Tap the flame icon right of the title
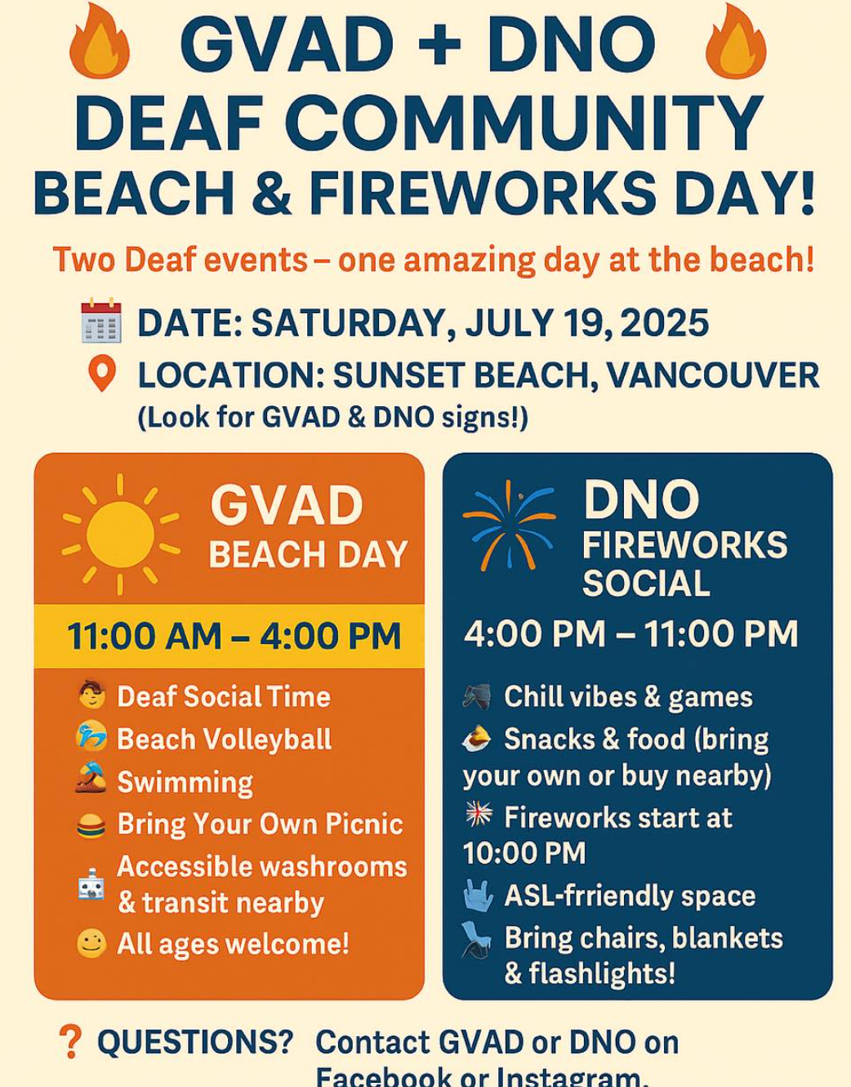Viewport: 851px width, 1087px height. tap(736, 41)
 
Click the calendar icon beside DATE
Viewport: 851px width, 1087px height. tap(101, 320)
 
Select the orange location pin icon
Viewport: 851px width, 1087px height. tap(102, 374)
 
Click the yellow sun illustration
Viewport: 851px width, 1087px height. tap(120, 535)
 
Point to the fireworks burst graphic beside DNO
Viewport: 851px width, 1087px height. tap(510, 526)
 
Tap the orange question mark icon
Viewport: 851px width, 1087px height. tap(70, 1041)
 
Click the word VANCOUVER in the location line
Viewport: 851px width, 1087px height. tap(713, 375)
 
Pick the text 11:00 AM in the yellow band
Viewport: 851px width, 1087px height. tap(145, 637)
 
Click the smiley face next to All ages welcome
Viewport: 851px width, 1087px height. tap(91, 943)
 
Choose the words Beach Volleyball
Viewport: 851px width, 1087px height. tap(225, 739)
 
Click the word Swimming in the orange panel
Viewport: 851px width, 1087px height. tap(185, 782)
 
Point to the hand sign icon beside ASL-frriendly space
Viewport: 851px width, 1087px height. tap(479, 895)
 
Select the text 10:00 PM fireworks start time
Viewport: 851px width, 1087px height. tap(524, 853)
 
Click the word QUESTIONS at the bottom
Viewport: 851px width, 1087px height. tap(195, 1042)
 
